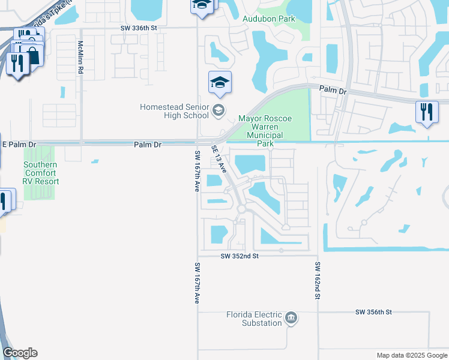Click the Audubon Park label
coord(268,19)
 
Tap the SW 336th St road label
coord(138,28)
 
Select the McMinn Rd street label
coord(80,57)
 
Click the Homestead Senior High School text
coord(174,111)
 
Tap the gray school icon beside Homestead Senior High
coord(218,109)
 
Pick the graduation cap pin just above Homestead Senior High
coord(220,83)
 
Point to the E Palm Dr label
coord(19,145)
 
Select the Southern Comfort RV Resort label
coord(41,173)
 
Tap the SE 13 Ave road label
coord(219,160)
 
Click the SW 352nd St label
coord(239,256)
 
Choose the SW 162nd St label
coord(316,281)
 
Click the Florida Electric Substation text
coord(254,319)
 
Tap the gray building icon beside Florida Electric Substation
coord(291,317)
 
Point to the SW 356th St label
coord(373,312)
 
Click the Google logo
coord(20,353)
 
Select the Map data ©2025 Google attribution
coord(411,355)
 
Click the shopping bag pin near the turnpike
coord(32,55)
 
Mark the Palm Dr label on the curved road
coord(334,89)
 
